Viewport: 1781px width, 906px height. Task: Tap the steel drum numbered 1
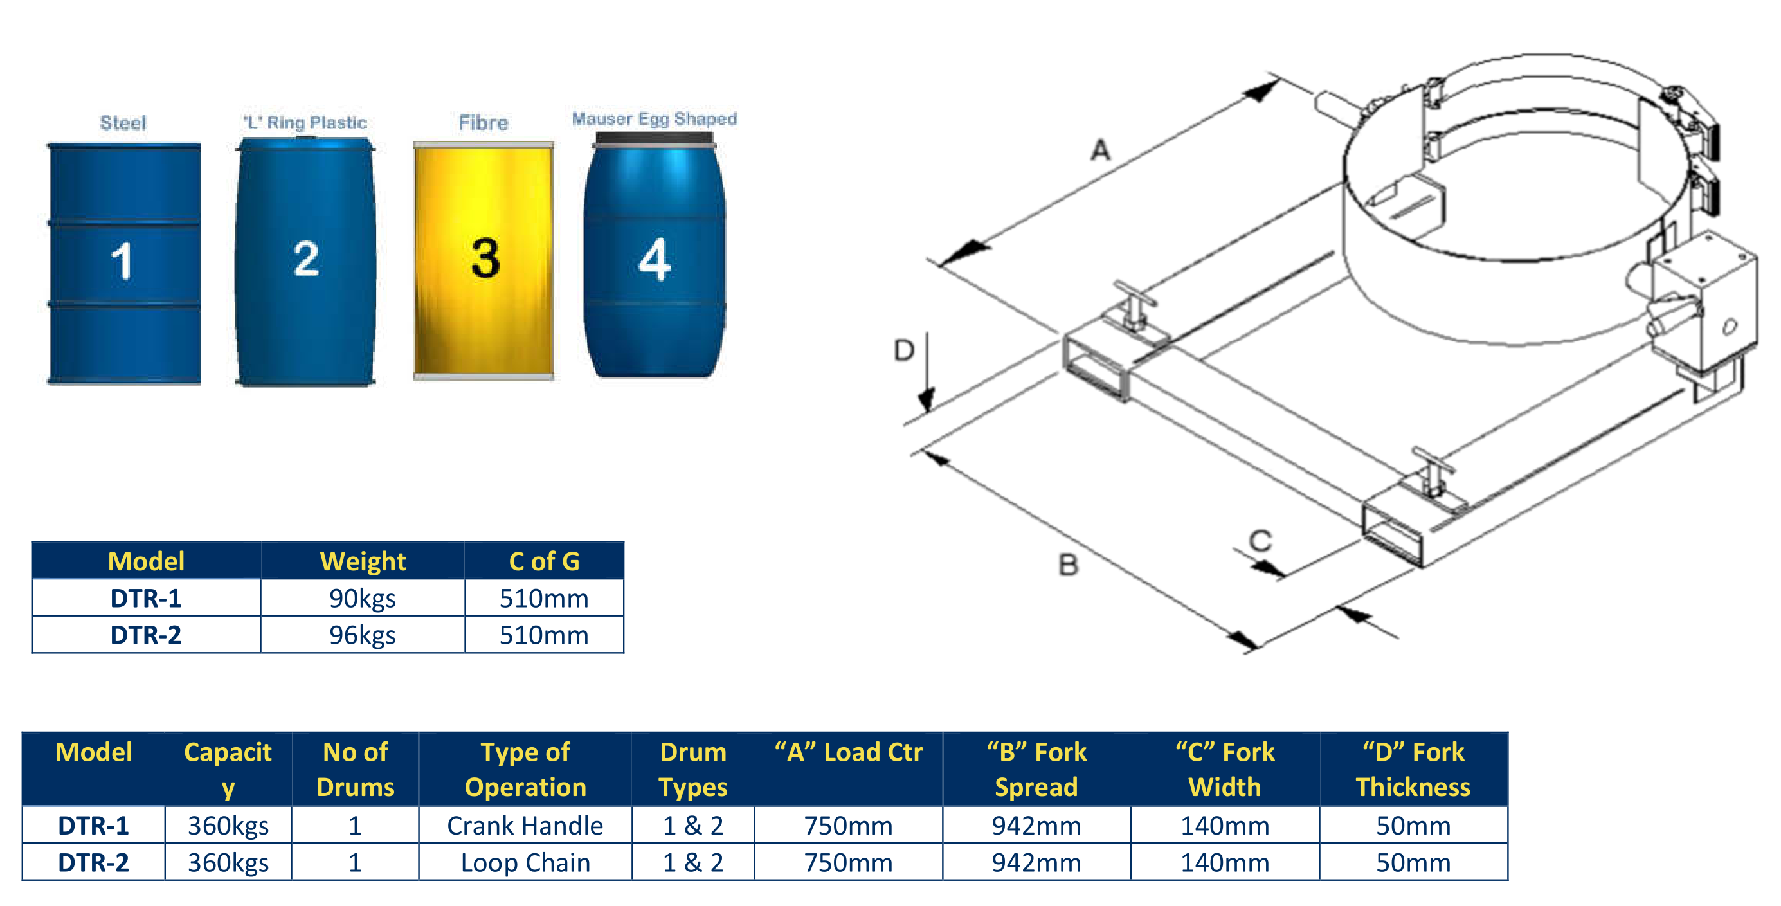(123, 263)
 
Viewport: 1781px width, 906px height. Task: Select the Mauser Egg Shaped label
(654, 119)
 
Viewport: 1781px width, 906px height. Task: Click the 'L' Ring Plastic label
(305, 122)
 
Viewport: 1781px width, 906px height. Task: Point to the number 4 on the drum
(654, 259)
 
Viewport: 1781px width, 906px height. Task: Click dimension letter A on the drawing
(1100, 150)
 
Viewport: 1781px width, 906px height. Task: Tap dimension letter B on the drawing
(1068, 565)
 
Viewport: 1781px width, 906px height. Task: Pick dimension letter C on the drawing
(1260, 540)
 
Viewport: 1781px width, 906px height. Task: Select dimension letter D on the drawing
(903, 350)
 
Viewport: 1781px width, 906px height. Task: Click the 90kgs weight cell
(362, 598)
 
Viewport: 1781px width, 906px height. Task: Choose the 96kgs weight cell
(362, 635)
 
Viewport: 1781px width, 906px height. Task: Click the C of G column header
(544, 561)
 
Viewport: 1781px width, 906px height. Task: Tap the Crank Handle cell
(525, 825)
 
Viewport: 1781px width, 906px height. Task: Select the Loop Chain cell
(525, 862)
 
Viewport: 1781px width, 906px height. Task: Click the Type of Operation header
(525, 769)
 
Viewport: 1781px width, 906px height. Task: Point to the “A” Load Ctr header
(848, 752)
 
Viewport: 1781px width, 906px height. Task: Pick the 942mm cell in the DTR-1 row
(1036, 825)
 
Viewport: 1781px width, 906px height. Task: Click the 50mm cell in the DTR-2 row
(1413, 862)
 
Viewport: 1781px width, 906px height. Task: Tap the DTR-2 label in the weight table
(146, 635)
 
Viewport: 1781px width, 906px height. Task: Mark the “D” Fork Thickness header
(1413, 769)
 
